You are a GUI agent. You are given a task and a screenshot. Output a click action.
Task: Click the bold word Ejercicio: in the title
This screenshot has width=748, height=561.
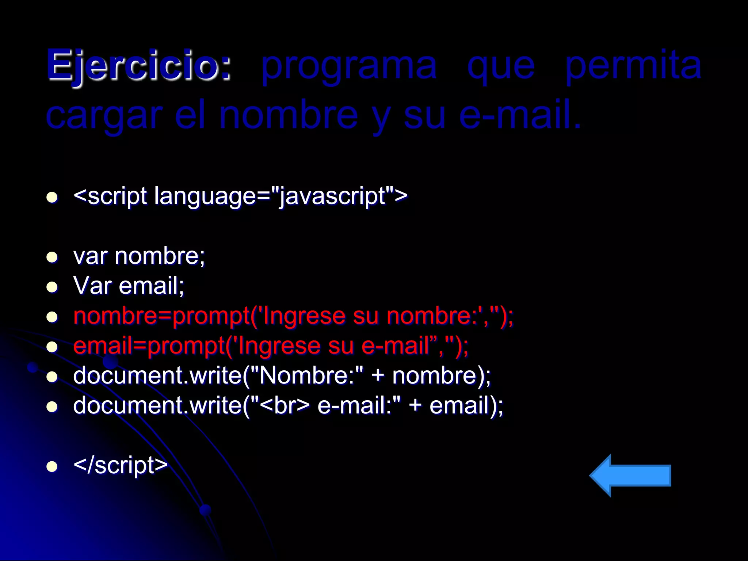pyautogui.click(x=139, y=66)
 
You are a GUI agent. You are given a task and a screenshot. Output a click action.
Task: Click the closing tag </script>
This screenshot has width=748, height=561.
pyautogui.click(x=121, y=465)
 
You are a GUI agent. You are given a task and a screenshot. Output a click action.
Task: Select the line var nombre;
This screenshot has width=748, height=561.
pyautogui.click(x=139, y=256)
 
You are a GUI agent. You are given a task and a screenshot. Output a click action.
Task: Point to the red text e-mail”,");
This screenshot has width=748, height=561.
pyautogui.click(x=415, y=346)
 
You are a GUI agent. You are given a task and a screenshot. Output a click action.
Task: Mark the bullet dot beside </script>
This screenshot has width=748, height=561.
pyautogui.click(x=53, y=466)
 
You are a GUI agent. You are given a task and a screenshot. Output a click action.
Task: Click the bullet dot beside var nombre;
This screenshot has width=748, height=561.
pyautogui.click(x=53, y=257)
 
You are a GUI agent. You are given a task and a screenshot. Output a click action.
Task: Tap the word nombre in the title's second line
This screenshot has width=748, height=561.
pyautogui.click(x=289, y=116)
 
